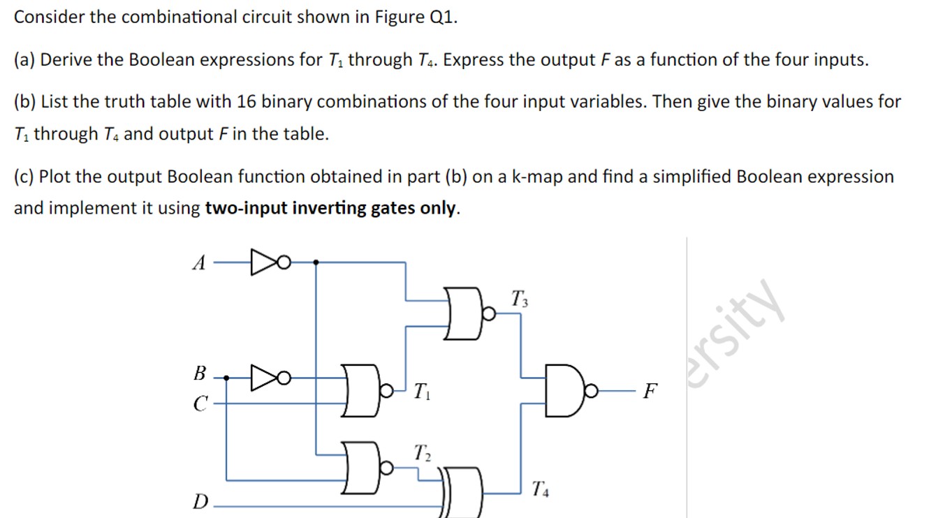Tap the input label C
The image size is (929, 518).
pyautogui.click(x=200, y=403)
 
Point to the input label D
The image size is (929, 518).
pyautogui.click(x=200, y=501)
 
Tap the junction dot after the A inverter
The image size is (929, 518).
pyautogui.click(x=316, y=263)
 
